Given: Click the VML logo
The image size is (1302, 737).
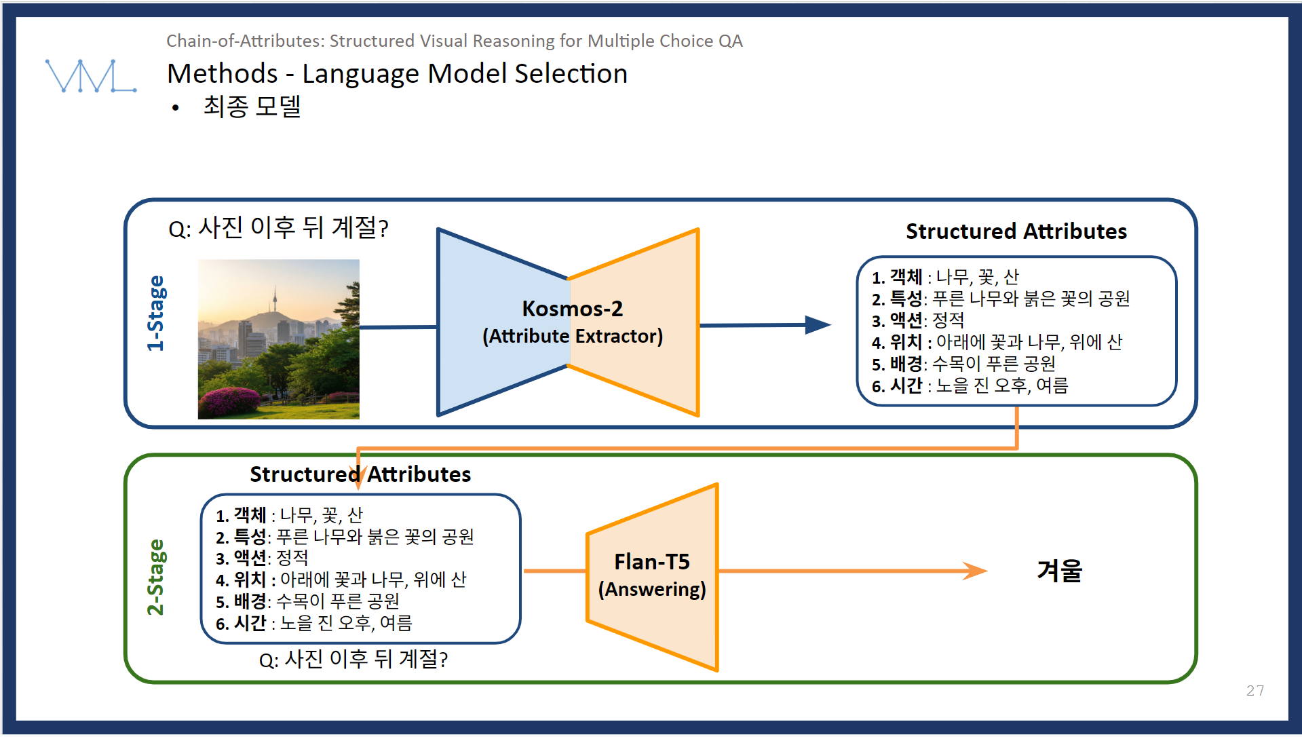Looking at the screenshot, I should tap(90, 76).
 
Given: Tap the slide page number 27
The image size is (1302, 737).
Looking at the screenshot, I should tap(1255, 690).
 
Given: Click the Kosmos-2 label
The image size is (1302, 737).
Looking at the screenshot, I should tap(572, 309).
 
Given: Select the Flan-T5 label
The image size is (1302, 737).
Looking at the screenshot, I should tap(651, 562).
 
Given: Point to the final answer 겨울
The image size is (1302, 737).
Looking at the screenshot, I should tap(1059, 571).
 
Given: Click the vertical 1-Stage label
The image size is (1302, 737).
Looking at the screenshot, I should tap(156, 313).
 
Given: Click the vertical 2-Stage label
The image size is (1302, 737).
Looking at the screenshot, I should tap(156, 577).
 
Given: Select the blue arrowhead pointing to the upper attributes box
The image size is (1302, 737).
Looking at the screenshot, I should tap(818, 325).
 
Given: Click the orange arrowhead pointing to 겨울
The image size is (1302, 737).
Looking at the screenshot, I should tap(976, 571).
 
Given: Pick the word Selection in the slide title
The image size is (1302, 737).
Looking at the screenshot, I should tap(571, 73).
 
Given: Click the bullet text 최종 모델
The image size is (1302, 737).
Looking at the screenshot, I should tap(252, 107).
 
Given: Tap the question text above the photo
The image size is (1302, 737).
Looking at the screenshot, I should tap(278, 228).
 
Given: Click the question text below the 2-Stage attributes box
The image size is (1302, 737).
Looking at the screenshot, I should tap(353, 659).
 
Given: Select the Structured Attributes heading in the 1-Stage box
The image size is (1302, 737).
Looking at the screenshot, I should tap(1016, 231).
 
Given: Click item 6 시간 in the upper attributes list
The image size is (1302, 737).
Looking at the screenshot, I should tap(970, 386).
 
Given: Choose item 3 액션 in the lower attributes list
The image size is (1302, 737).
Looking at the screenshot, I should tap(262, 559).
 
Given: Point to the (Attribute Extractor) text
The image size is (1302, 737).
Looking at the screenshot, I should tap(572, 337).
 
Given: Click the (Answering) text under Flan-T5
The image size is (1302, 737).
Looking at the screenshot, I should tap(651, 589).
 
